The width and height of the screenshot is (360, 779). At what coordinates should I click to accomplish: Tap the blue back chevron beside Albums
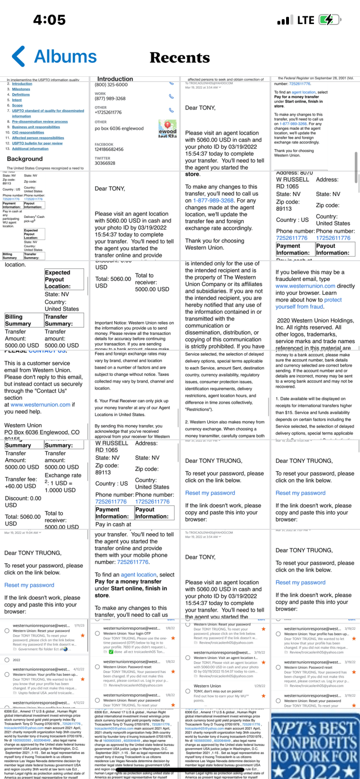(19, 56)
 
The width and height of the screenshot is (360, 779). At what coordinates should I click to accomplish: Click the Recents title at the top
(180, 58)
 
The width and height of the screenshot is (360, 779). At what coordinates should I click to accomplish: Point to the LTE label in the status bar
(305, 20)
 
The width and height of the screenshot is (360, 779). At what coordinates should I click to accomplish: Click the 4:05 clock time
(49, 20)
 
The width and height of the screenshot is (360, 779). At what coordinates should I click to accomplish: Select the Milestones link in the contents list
(21, 89)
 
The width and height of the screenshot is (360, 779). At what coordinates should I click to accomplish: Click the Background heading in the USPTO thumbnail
(24, 159)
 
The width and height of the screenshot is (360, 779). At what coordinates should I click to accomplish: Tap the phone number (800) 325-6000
(111, 85)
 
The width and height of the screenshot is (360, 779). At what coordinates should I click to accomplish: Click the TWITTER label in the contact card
(102, 158)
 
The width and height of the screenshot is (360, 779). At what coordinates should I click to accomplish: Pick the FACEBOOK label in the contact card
(104, 144)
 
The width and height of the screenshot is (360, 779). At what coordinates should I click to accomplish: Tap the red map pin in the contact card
(167, 123)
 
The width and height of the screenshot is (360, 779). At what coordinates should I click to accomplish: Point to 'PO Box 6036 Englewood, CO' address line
(42, 432)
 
